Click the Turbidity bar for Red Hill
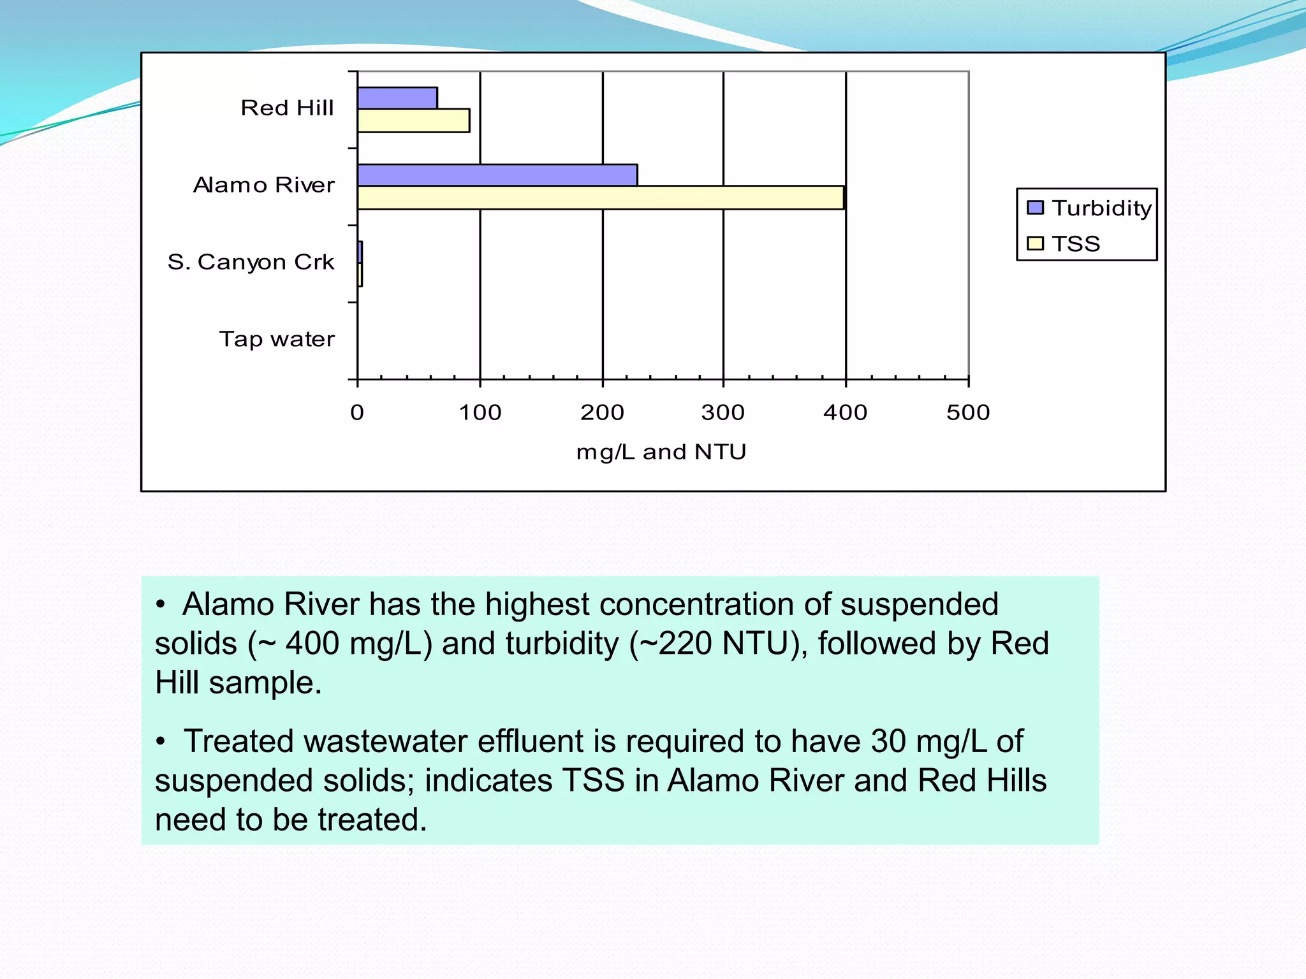397,98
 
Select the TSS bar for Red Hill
413,120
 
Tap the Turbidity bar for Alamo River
497,175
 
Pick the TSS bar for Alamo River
600,198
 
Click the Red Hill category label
287,108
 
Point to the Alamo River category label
263,185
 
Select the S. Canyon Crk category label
251,262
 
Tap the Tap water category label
277,339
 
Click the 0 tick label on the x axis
357,413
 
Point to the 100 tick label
480,413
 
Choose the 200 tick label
602,413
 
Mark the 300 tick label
723,413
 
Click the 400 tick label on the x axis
845,413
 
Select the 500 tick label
968,413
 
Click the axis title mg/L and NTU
661,452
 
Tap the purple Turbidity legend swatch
1035,208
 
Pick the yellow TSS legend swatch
1035,243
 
